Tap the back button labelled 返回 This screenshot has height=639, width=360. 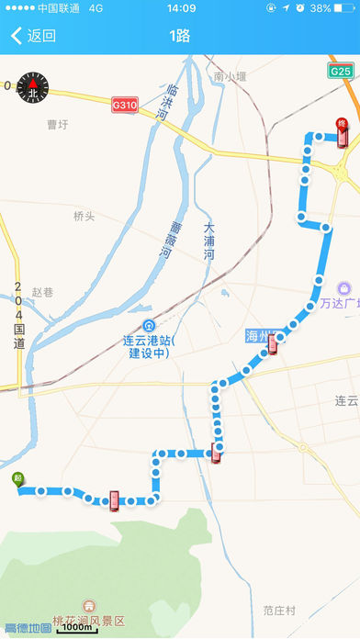click(33, 37)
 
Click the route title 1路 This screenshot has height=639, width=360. click(180, 37)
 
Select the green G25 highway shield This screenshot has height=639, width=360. click(341, 71)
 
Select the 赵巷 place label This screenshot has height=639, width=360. click(43, 292)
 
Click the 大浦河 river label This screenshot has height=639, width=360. click(208, 241)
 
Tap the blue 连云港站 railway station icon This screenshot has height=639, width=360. click(149, 326)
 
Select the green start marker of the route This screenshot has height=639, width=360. click(18, 478)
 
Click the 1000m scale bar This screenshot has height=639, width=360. click(78, 629)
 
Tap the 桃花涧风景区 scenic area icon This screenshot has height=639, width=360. click(89, 605)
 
